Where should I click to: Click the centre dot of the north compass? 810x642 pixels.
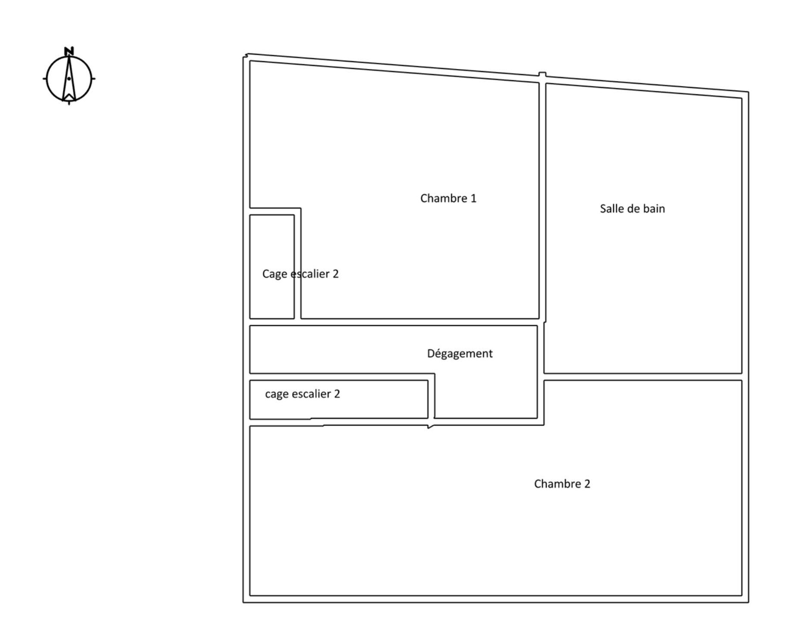pos(69,79)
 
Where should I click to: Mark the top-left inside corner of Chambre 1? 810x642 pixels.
pos(250,61)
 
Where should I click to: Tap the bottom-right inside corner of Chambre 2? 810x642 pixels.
pos(742,595)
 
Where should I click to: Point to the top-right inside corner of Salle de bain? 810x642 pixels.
pos(742,98)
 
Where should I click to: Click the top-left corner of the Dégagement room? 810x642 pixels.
pos(250,326)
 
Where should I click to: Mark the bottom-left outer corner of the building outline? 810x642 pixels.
pos(243,602)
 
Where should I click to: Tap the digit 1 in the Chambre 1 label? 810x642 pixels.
pos(473,198)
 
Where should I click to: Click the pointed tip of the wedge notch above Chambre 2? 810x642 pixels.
pos(429,428)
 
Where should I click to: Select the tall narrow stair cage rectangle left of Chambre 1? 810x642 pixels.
pos(272,267)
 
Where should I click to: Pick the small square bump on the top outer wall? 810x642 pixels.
pos(542,74)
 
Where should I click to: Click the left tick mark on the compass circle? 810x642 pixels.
pos(45,79)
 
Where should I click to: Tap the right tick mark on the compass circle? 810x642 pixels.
pos(93,79)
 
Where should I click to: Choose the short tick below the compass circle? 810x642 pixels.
pos(69,103)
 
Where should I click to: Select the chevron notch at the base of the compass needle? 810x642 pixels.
pos(69,97)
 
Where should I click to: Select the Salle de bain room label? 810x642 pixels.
pos(632,208)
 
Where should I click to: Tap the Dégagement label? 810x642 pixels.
pos(460,353)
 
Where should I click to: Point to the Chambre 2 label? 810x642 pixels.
pos(562,484)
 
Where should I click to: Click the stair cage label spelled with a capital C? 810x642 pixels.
pos(300,274)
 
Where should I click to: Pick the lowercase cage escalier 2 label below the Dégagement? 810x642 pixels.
pos(302,394)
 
